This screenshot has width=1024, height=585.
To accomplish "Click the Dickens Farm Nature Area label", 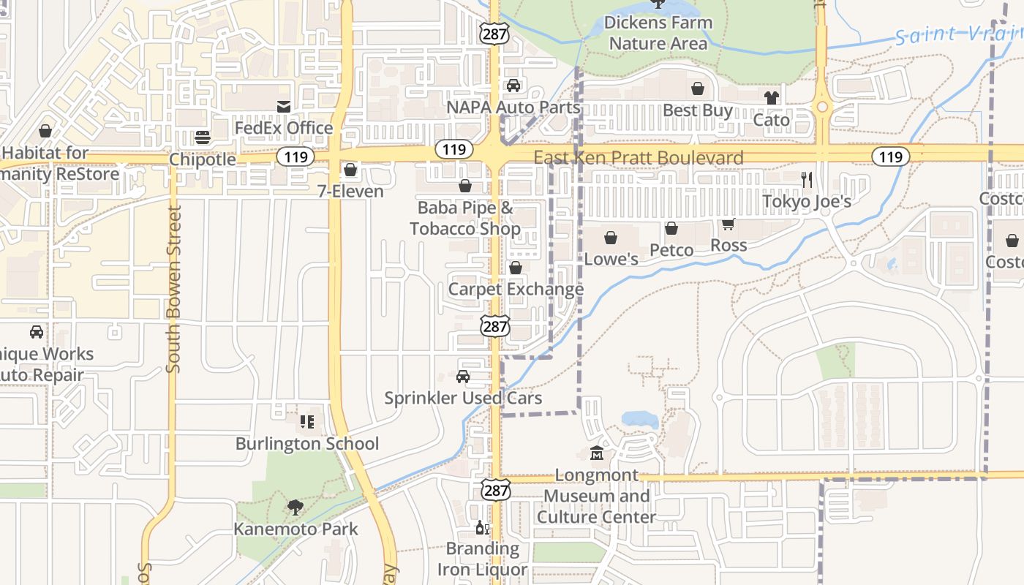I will point(658,33).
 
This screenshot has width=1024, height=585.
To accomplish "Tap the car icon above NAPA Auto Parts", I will point(513,86).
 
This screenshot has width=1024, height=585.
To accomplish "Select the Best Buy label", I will point(697,110).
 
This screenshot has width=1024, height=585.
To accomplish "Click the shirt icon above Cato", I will point(771,97).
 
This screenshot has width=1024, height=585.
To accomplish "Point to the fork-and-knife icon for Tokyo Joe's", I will point(807,179).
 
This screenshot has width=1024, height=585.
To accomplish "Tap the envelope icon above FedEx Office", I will point(283,107).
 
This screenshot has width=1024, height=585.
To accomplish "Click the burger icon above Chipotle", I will point(203,137).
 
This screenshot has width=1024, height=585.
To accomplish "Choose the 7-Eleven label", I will point(350,192).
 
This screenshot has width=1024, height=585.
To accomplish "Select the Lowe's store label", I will point(611,259).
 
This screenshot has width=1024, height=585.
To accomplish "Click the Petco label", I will point(671,250).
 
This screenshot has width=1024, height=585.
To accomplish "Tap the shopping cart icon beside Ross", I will point(728,224).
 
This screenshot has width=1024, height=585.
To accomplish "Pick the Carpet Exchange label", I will point(516,289).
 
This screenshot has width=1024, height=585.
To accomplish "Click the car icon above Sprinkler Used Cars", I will point(462,377).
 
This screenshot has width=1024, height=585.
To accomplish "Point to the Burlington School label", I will point(307,444).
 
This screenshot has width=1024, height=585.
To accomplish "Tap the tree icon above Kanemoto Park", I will point(295,507).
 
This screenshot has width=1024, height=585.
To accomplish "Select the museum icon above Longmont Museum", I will point(597,454).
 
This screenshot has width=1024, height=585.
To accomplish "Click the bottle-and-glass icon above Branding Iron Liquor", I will point(482,528).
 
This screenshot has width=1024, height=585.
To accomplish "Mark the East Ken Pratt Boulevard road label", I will point(638,157).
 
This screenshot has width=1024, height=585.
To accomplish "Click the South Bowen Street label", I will point(173,289).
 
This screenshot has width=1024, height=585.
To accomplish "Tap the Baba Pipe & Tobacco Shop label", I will point(465,218).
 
